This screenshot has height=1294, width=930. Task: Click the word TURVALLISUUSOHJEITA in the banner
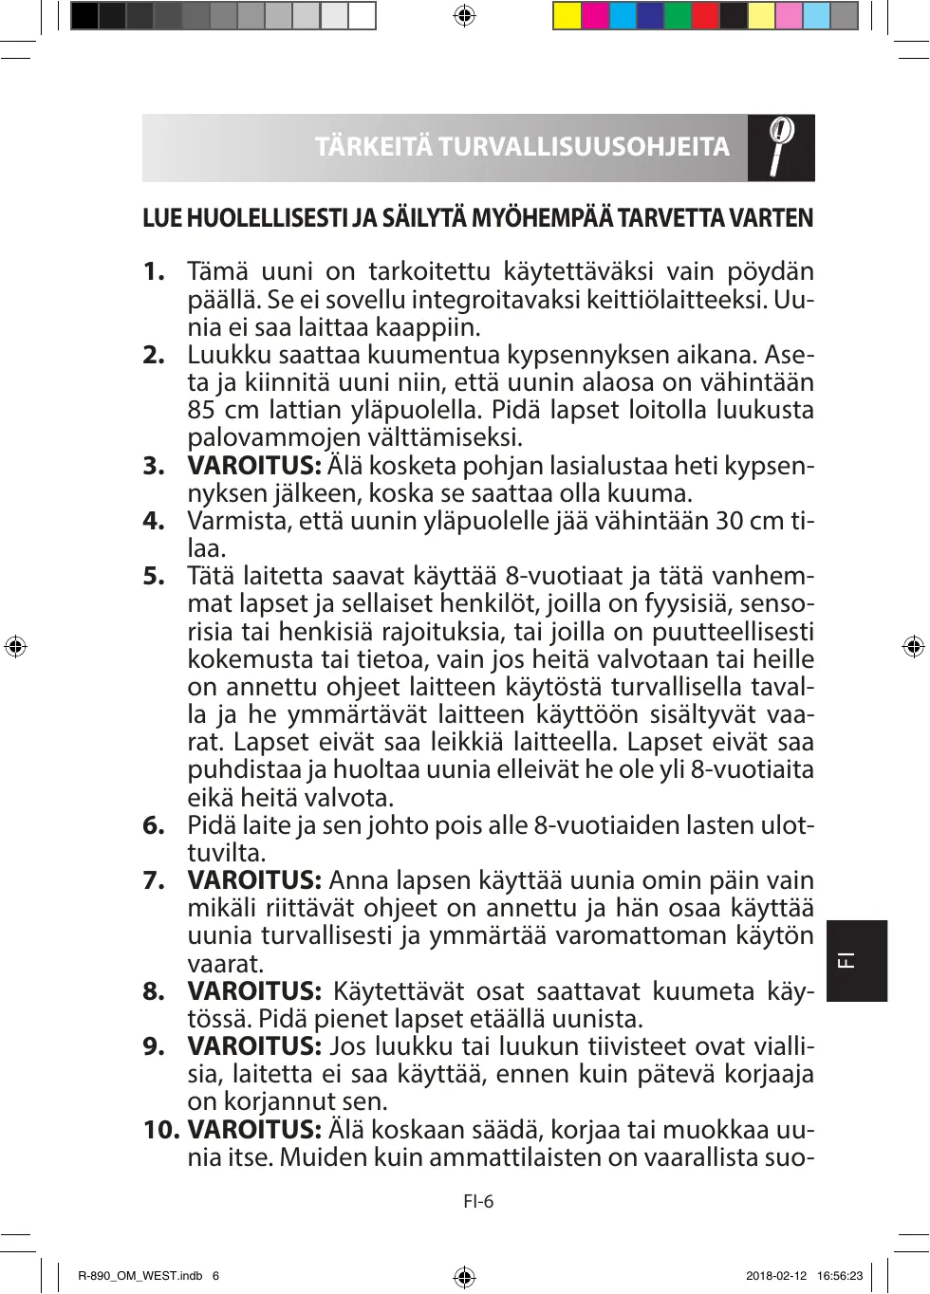(x=584, y=147)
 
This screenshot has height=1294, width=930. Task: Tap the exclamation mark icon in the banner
(x=780, y=147)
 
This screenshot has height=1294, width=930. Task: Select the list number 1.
(x=154, y=271)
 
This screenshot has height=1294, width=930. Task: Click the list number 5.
(x=154, y=576)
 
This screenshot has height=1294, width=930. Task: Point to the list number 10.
(x=161, y=1130)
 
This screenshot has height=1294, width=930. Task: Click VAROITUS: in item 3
(x=254, y=466)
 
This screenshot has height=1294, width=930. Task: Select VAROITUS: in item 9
(x=254, y=1046)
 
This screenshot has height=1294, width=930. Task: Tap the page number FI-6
(x=478, y=1202)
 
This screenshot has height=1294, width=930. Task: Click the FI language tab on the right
(x=856, y=960)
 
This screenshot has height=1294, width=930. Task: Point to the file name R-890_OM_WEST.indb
(x=140, y=1276)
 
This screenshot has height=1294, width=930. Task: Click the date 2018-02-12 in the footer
(x=776, y=1276)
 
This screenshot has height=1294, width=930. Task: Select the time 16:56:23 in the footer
(x=840, y=1276)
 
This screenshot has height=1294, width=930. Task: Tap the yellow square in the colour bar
(x=567, y=16)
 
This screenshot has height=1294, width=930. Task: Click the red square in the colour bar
(x=705, y=16)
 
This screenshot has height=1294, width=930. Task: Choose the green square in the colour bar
(x=678, y=16)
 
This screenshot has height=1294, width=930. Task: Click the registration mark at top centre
(x=464, y=15)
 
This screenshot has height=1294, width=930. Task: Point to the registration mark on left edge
(x=15, y=647)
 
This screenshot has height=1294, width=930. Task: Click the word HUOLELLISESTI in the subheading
(x=268, y=219)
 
